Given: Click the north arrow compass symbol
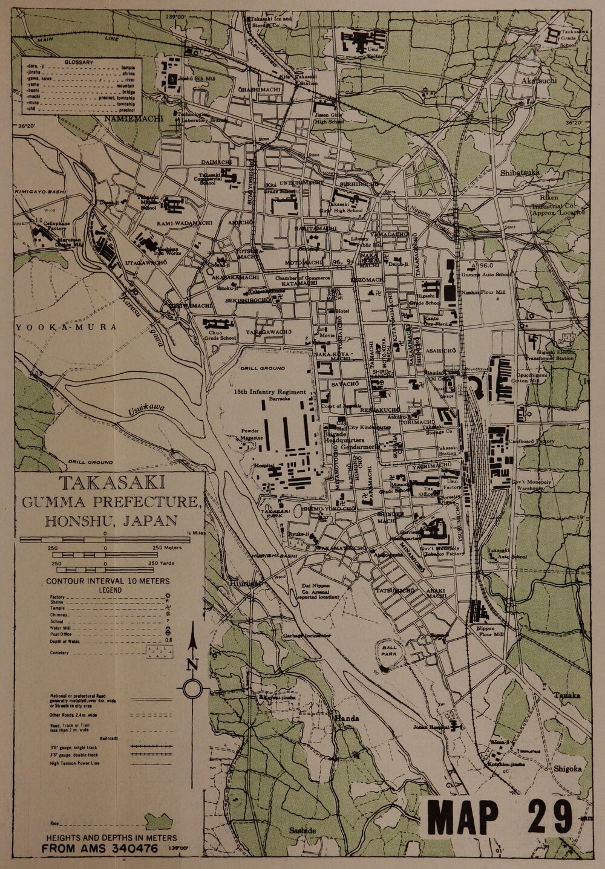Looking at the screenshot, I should coord(192,688).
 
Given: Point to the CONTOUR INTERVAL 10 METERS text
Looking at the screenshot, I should coord(108,581).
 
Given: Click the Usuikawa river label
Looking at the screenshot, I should coord(146,411).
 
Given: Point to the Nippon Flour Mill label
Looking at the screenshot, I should coord(490,632).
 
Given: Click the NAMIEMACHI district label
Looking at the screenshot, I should coord(134,119).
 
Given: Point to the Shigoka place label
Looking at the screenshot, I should coord(567,769).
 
